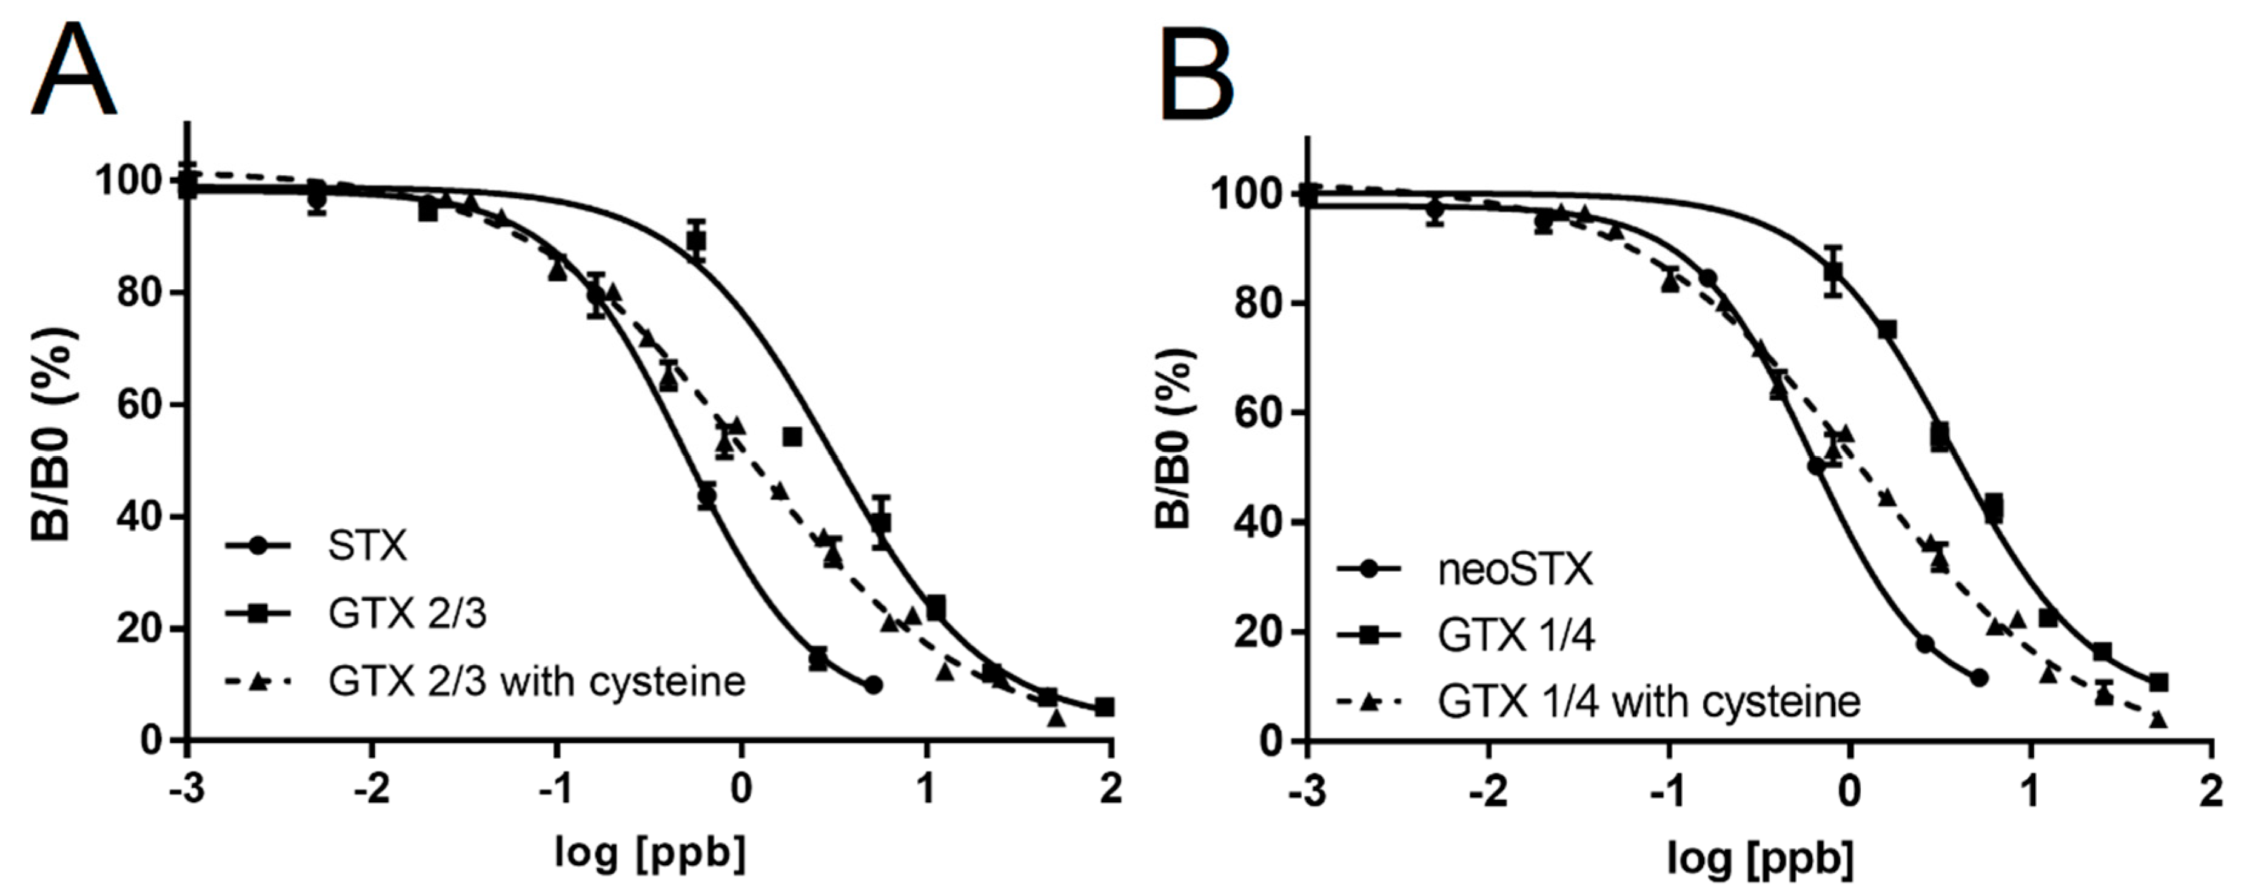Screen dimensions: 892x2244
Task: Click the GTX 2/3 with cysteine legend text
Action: pyautogui.click(x=537, y=681)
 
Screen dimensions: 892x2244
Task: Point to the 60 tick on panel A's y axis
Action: pyautogui.click(x=139, y=405)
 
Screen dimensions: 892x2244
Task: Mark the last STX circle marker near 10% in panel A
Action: pyautogui.click(x=874, y=686)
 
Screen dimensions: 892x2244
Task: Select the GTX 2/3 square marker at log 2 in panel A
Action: pyautogui.click(x=1105, y=707)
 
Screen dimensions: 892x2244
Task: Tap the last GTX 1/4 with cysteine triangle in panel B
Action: pyautogui.click(x=2158, y=720)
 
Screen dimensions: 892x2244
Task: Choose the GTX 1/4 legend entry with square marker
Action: pyautogui.click(x=1516, y=636)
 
